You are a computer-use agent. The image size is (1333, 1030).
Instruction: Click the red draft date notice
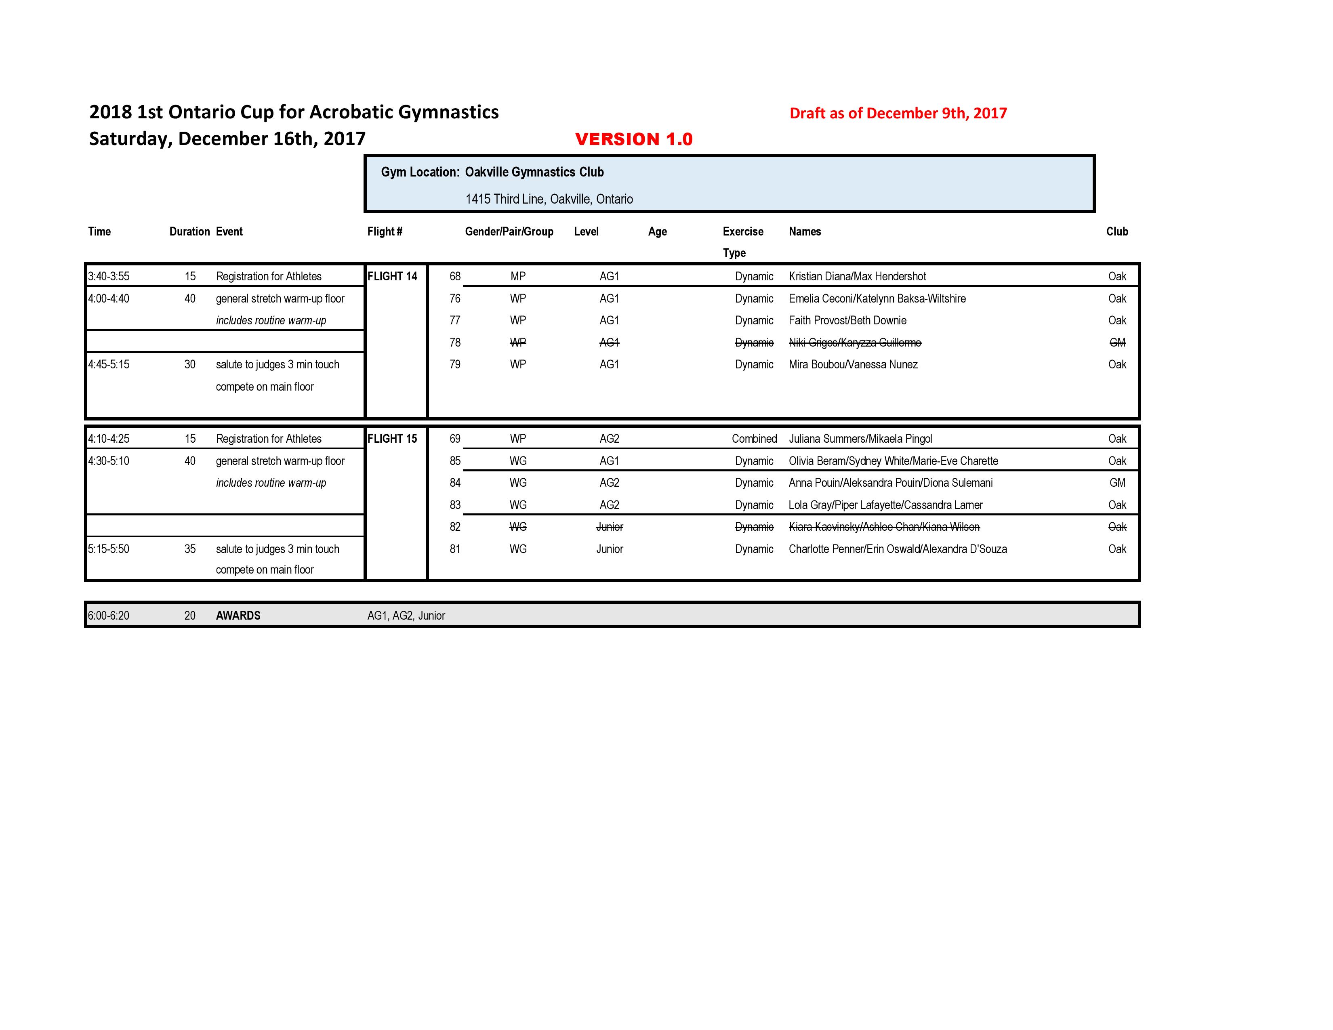pos(898,114)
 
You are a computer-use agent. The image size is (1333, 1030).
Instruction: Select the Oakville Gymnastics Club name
pos(534,172)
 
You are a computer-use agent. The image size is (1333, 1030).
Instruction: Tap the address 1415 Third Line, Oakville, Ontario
pos(549,199)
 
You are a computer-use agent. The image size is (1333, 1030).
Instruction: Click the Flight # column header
pos(385,231)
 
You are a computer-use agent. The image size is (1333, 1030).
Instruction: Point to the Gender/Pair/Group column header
pos(509,231)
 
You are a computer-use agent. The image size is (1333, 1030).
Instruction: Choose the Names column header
pos(804,231)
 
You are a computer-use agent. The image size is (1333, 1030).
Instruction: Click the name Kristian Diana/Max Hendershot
pos(857,276)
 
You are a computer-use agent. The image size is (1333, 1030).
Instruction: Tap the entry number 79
pos(455,364)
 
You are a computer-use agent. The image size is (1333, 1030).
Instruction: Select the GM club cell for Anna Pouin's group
pos(1117,483)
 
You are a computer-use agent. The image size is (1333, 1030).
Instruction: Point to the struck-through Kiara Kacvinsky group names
pos(884,527)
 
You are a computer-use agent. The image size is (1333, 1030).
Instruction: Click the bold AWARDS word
pos(238,616)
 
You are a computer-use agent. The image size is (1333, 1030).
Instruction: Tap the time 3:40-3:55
pos(109,276)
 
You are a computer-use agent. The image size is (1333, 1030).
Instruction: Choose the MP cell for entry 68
pos(517,276)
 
